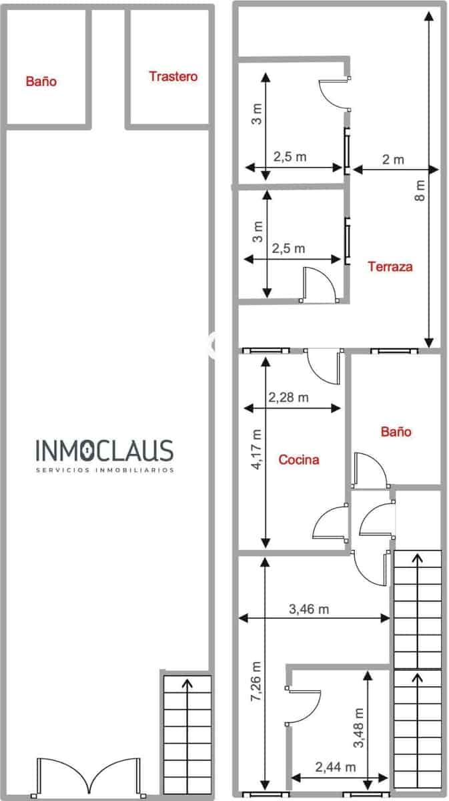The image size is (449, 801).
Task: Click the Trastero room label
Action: (173, 77)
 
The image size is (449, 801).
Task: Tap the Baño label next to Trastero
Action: (41, 81)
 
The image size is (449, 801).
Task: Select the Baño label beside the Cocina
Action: (396, 432)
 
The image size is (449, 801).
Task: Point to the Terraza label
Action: (390, 267)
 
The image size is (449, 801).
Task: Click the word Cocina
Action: (298, 459)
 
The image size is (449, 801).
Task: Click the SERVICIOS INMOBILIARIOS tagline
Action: (104, 470)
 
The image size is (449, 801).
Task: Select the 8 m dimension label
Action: (420, 190)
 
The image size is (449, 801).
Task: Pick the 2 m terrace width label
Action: (393, 160)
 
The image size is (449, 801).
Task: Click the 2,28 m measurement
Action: (288, 397)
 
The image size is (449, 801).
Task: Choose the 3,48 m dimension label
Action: (360, 727)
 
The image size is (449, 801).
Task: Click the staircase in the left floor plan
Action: (187, 731)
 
